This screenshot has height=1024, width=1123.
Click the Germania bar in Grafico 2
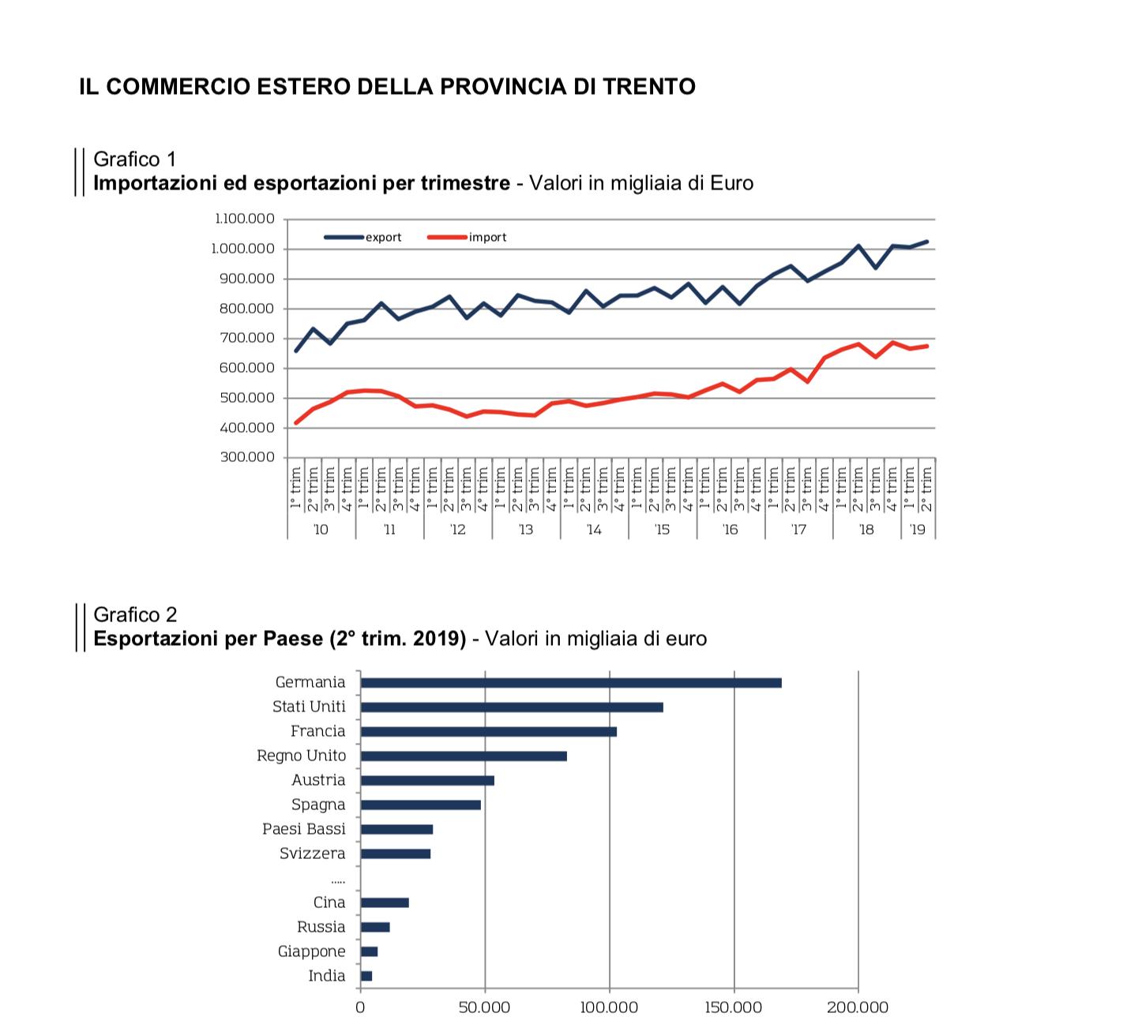pyautogui.click(x=570, y=683)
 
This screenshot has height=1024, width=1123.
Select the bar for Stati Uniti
pyautogui.click(x=512, y=707)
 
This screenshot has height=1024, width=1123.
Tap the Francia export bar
pyautogui.click(x=488, y=732)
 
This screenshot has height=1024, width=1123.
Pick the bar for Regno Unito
pyautogui.click(x=464, y=756)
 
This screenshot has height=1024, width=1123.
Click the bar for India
pyautogui.click(x=366, y=976)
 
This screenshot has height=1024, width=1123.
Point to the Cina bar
pyautogui.click(x=385, y=902)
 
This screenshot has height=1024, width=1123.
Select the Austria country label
pyautogui.click(x=318, y=780)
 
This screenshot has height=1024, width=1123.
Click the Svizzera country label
pyautogui.click(x=312, y=853)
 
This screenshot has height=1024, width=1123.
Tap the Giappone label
pyautogui.click(x=311, y=951)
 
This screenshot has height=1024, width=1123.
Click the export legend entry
pyautogui.click(x=383, y=237)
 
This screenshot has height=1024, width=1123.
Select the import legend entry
pyautogui.click(x=487, y=237)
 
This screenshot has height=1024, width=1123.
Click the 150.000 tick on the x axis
pyautogui.click(x=734, y=1007)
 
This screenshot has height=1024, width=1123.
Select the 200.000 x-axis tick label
pyautogui.click(x=858, y=1007)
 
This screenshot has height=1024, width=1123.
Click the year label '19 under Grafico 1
pyautogui.click(x=917, y=529)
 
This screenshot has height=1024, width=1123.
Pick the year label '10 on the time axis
pyautogui.click(x=321, y=529)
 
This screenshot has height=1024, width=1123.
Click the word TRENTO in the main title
pyautogui.click(x=649, y=86)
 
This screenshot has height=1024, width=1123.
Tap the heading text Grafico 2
pyautogui.click(x=135, y=614)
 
